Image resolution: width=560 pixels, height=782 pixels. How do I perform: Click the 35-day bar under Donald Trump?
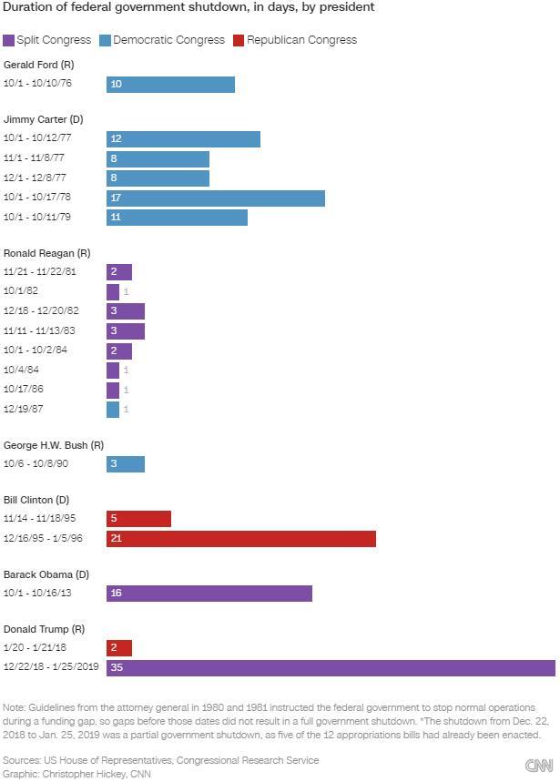[331, 668]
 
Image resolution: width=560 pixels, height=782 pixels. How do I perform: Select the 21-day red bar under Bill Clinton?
[241, 539]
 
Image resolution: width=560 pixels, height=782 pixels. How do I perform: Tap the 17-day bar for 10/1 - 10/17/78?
[216, 198]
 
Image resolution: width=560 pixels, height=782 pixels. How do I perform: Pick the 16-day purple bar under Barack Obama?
[209, 594]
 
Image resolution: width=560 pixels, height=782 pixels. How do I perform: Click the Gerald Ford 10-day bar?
[170, 85]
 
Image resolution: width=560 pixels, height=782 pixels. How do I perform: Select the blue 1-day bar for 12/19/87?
[113, 410]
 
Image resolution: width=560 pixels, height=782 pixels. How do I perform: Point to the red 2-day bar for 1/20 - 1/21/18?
[119, 648]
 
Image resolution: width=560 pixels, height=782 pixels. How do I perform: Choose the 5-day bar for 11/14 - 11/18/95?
[138, 519]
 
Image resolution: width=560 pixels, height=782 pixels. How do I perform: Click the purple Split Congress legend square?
[8, 40]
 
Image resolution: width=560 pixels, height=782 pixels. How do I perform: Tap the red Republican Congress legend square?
[239, 40]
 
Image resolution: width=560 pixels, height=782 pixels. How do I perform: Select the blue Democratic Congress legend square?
[105, 40]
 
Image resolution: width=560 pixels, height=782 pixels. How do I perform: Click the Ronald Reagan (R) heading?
[46, 253]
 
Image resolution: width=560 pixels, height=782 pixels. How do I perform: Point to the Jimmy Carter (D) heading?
[44, 119]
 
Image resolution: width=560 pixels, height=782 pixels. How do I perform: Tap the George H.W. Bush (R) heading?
[54, 445]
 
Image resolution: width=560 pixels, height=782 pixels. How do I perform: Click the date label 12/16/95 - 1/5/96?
[43, 539]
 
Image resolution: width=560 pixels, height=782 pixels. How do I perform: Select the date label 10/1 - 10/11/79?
[37, 217]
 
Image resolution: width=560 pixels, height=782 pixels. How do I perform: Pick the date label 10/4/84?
[21, 370]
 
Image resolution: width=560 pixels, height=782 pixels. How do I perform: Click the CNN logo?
[539, 766]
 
